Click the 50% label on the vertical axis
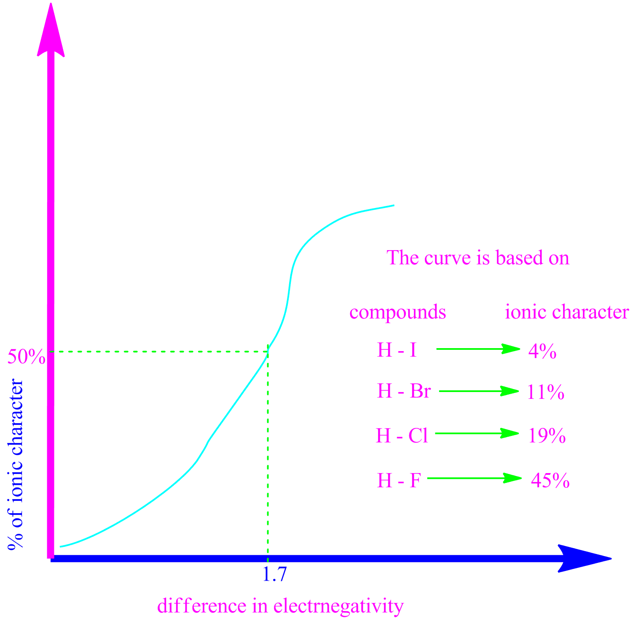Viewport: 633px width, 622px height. pos(26,357)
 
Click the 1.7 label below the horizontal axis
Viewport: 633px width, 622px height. pos(274,575)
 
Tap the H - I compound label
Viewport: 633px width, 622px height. pos(397,351)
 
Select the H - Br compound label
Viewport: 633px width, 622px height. pos(403,391)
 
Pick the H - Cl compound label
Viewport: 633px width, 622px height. pos(402,435)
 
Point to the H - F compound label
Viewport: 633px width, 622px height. pos(399,481)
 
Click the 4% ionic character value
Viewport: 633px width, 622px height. pos(542,351)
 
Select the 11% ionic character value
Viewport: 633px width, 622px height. pos(545,392)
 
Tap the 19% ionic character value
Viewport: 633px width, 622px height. pos(547,435)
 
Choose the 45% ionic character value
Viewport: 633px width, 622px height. pos(550,481)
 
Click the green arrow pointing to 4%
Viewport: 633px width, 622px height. pos(478,349)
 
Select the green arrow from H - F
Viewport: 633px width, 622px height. pos(475,478)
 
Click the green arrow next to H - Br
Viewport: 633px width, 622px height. pos(479,391)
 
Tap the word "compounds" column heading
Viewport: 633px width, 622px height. pos(397,313)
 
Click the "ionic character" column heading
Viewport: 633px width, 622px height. pos(567,312)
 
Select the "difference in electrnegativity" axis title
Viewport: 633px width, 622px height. pos(280,606)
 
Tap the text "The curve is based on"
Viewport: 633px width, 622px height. pos(478,258)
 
